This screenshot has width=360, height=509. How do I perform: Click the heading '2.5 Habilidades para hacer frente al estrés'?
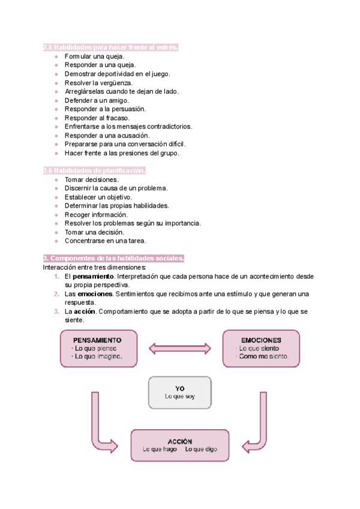[x=111, y=47]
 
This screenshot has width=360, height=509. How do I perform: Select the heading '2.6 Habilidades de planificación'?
[x=94, y=170]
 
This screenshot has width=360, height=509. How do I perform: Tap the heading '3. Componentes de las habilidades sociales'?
[x=114, y=258]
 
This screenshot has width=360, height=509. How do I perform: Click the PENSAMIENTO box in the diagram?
[x=98, y=348]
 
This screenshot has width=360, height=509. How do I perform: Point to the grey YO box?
[x=180, y=392]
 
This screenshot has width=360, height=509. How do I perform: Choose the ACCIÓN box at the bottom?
[x=180, y=445]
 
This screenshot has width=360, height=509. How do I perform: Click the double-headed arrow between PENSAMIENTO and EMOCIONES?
[x=179, y=348]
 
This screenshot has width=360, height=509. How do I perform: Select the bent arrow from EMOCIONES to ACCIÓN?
[x=257, y=423]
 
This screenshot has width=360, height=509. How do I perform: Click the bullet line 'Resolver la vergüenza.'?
[x=99, y=83]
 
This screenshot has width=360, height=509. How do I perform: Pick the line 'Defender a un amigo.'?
[x=97, y=100]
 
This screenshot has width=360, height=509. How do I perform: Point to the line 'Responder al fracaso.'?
[x=97, y=118]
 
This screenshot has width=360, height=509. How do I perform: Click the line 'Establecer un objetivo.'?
[x=98, y=197]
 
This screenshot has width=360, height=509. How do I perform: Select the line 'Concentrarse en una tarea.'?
[x=105, y=241]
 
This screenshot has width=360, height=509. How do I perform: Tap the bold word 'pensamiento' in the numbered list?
[x=93, y=276]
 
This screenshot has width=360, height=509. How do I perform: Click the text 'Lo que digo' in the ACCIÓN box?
[x=201, y=449]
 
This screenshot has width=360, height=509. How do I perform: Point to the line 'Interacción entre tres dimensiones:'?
[x=94, y=267]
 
